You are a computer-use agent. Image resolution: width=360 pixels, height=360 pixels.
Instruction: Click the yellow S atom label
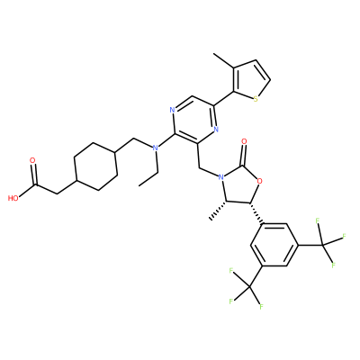(256, 99)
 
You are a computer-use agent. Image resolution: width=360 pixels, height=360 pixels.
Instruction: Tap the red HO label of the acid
(13, 198)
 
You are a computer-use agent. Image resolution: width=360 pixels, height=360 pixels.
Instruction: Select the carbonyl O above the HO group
(32, 160)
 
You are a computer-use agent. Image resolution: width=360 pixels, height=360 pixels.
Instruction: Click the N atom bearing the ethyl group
(155, 148)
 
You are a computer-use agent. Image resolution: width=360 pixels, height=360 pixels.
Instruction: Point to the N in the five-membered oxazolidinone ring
(221, 177)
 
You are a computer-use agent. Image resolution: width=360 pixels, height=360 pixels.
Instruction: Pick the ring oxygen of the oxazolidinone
(260, 181)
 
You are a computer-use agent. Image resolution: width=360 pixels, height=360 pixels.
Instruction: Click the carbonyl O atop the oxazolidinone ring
(244, 141)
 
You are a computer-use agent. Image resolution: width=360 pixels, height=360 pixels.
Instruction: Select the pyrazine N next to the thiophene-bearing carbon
(216, 130)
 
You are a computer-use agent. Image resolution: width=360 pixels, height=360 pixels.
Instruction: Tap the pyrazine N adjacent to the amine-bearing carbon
(172, 110)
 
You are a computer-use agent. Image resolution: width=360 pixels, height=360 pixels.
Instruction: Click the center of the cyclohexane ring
(95, 166)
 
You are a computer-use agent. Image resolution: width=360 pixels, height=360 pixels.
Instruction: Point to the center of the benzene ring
(274, 245)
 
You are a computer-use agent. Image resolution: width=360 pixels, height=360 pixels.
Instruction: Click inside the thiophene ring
(249, 80)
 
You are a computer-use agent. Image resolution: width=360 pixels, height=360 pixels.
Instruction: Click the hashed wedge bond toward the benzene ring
(256, 213)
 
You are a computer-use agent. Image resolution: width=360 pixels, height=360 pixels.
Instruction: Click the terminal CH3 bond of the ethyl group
(149, 179)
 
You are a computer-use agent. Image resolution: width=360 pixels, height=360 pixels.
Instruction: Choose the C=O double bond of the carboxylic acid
(34, 174)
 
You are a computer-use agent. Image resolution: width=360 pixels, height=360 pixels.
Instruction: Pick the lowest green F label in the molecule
(261, 307)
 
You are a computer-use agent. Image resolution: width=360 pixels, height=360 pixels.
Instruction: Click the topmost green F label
(317, 221)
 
